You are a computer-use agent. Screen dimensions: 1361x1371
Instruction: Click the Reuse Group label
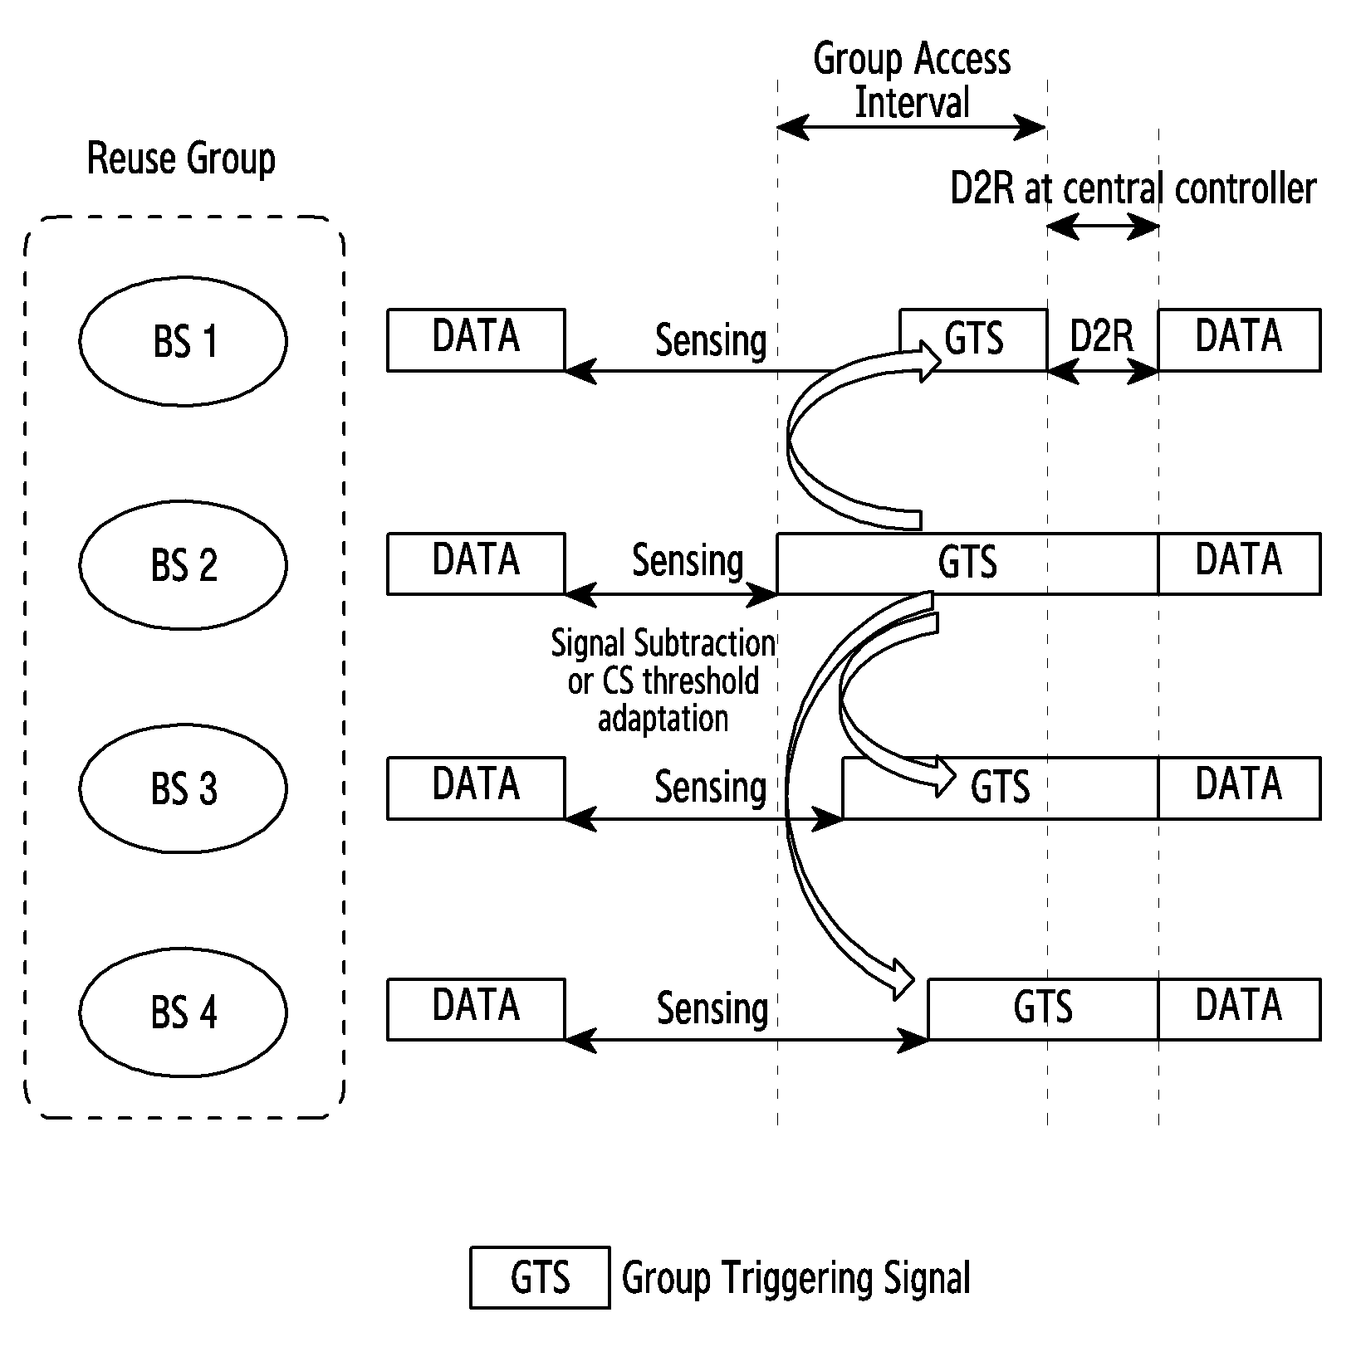pyautogui.click(x=181, y=159)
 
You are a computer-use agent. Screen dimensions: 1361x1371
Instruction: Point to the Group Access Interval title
pyautogui.click(x=912, y=81)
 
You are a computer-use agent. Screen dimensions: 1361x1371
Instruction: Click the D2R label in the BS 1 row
pyautogui.click(x=1102, y=336)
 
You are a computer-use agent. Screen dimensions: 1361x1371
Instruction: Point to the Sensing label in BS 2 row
pyautogui.click(x=688, y=561)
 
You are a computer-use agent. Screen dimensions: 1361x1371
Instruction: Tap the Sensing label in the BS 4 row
pyautogui.click(x=712, y=1009)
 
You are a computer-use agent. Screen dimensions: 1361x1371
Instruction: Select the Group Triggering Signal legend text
pyautogui.click(x=796, y=1279)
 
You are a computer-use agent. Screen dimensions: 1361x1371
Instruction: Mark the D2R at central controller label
pyautogui.click(x=1133, y=189)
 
